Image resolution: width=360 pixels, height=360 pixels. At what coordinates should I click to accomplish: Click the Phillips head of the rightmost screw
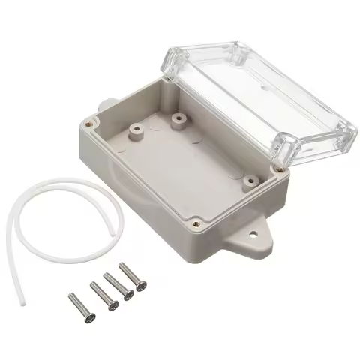[x=142, y=285]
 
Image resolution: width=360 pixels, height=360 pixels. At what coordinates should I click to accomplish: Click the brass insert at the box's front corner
[x=196, y=222]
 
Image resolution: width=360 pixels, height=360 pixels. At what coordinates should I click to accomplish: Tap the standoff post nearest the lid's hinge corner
[x=178, y=119]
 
